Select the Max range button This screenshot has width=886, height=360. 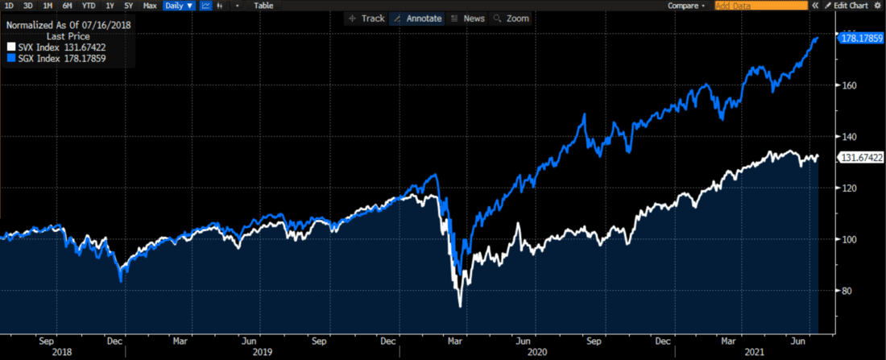(150, 6)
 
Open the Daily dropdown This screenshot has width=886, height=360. (178, 6)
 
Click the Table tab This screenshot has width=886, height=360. (263, 6)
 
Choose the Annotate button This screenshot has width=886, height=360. (416, 18)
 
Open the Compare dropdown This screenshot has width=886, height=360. (686, 6)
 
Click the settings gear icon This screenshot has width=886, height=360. (878, 6)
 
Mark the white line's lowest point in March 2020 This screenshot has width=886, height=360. (460, 306)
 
